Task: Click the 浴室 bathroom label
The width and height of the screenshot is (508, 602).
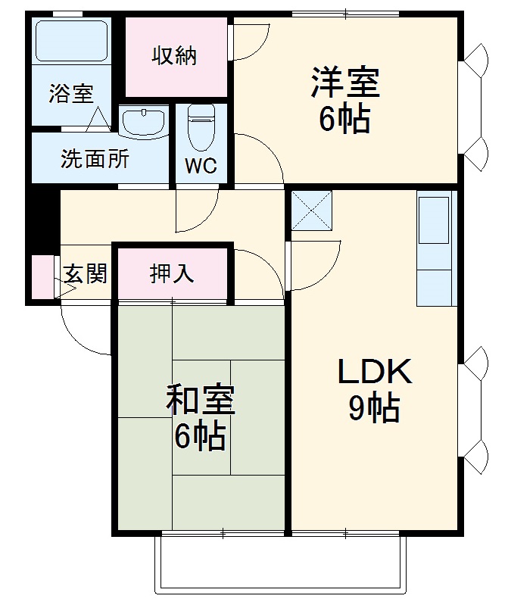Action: [x=71, y=94]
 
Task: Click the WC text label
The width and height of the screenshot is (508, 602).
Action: [x=201, y=166]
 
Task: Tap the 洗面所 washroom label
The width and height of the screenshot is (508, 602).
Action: [x=95, y=160]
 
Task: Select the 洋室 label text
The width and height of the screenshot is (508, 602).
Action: [x=344, y=83]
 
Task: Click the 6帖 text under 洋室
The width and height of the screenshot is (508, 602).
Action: [x=344, y=119]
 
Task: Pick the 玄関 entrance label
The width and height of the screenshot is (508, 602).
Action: [x=84, y=274]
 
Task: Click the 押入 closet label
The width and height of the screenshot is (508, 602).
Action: [x=172, y=273]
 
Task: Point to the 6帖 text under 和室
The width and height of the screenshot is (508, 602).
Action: [x=200, y=435]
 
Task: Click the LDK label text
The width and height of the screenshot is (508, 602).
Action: [x=374, y=373]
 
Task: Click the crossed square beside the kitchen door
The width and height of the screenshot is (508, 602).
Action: [x=313, y=209]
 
